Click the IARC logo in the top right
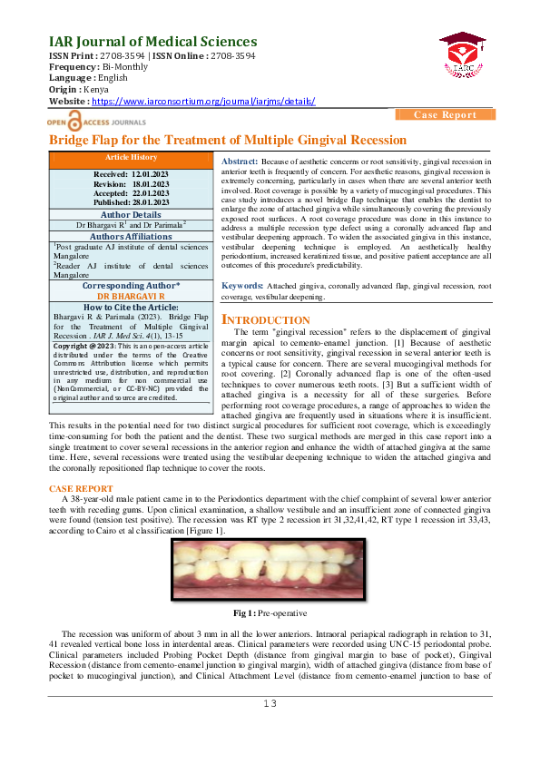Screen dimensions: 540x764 coord(463,56)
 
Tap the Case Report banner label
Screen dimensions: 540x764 coord(445,114)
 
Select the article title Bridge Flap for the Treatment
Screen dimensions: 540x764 coord(227,140)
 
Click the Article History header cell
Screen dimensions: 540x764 coord(132,158)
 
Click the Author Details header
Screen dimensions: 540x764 coord(132,213)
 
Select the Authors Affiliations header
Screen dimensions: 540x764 coord(132,234)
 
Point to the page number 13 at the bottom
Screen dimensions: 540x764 coord(270,703)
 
